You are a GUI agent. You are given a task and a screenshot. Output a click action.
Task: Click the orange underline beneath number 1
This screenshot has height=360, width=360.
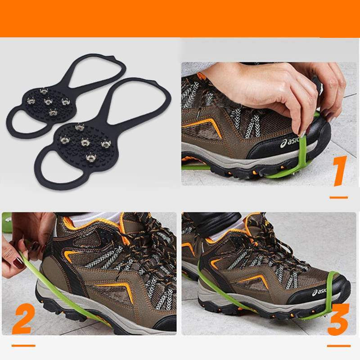[338, 197]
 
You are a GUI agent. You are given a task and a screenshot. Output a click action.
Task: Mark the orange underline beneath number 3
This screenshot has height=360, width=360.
[338, 346]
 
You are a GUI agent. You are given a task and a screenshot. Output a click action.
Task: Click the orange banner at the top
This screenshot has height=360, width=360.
[180, 18]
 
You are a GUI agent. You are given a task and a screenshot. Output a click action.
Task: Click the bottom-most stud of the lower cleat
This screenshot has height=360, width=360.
[91, 157]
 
